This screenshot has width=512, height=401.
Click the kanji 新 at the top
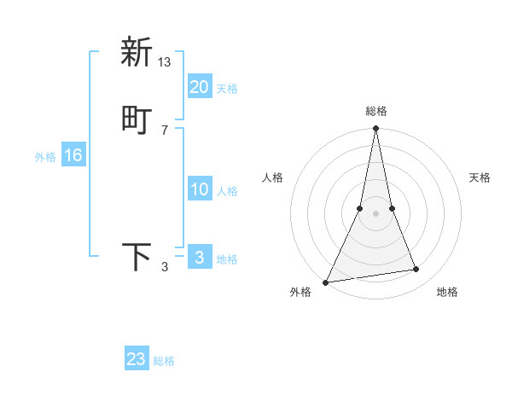tap(137, 53)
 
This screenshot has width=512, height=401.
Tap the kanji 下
tap(137, 258)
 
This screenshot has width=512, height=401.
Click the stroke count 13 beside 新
tap(165, 61)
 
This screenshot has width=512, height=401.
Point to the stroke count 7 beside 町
tap(165, 130)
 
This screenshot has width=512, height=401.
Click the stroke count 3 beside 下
tap(165, 267)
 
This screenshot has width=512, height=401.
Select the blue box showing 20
tap(200, 87)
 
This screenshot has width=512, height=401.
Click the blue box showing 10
tap(200, 190)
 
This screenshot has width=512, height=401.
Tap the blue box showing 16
tap(73, 155)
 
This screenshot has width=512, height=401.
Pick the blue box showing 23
tap(137, 359)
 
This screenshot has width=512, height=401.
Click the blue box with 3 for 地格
tap(200, 258)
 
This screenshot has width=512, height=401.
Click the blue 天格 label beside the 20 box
tap(227, 89)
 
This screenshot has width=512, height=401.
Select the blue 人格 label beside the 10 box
tap(227, 191)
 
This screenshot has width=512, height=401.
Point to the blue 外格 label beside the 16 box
tap(45, 157)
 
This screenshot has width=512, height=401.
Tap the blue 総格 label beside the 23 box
tap(164, 361)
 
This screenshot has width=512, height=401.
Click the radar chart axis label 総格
tap(376, 112)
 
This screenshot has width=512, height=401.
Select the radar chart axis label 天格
tap(480, 177)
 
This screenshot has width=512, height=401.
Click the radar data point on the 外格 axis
tap(326, 282)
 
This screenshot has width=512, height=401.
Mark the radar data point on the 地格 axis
tap(416, 270)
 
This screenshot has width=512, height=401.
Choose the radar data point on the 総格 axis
tap(376, 129)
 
